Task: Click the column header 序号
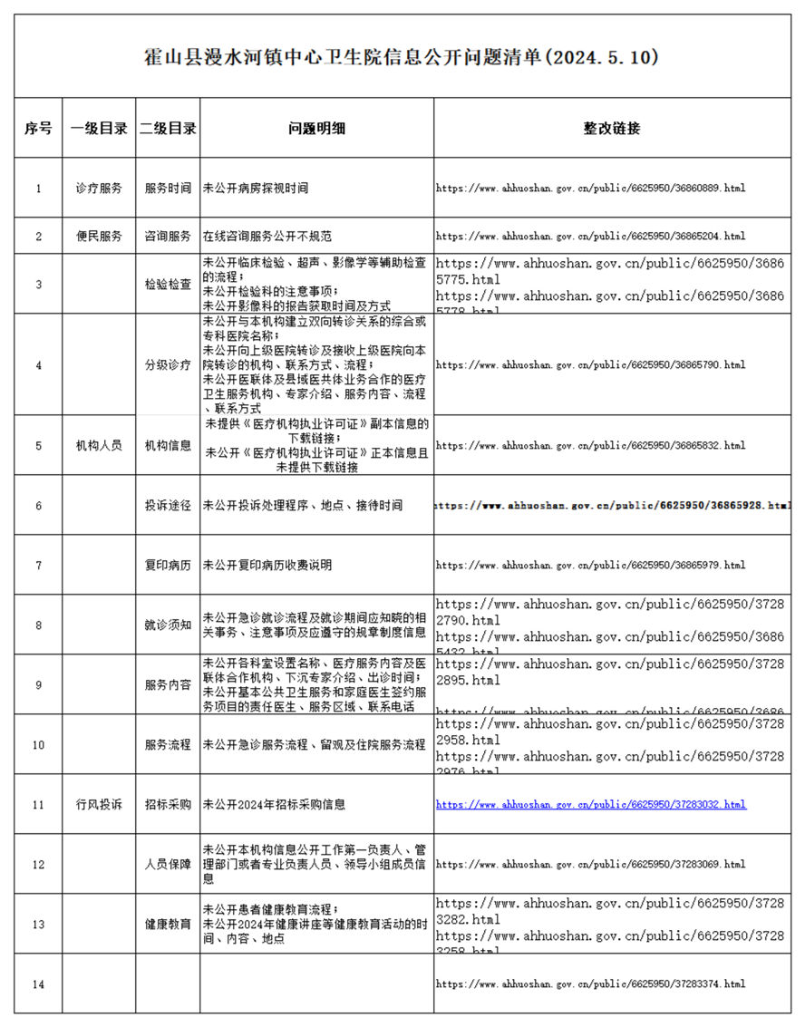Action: tap(38, 128)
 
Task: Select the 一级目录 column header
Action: tap(99, 128)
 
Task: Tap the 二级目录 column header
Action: tap(168, 128)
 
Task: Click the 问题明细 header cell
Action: tap(316, 128)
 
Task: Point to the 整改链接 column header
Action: tap(612, 128)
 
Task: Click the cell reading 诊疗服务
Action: tap(99, 189)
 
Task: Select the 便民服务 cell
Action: tap(99, 236)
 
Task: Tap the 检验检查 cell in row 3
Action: tap(168, 284)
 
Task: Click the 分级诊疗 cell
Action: tap(168, 364)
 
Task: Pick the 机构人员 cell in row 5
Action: tap(99, 445)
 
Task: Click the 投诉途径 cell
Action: tap(168, 505)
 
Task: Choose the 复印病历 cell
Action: tap(168, 565)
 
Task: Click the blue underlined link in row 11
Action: tap(591, 804)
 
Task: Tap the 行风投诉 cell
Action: tap(99, 804)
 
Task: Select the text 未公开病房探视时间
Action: tap(256, 189)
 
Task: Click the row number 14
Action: tap(38, 984)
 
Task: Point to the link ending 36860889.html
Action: tap(591, 189)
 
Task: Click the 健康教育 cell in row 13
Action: tap(168, 924)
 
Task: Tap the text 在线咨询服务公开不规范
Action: tap(267, 236)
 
